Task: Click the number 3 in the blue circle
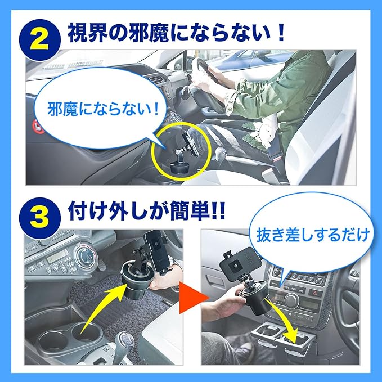coord(39,218)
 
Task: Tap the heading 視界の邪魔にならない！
coord(176,33)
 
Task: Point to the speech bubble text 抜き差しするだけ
coord(312,235)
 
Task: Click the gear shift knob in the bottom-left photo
coord(124,340)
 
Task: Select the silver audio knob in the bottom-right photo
coord(291,300)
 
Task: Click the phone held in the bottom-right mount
coord(240,262)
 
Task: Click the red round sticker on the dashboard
coord(37,127)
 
